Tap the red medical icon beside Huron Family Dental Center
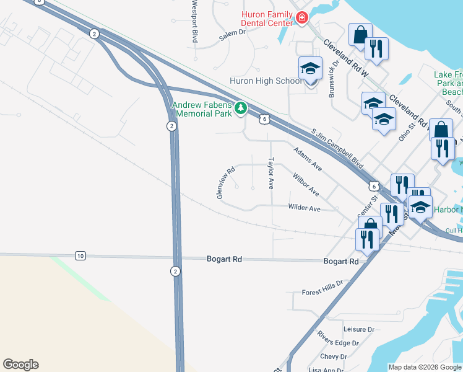pyautogui.click(x=301, y=19)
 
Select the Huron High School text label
pyautogui.click(x=266, y=81)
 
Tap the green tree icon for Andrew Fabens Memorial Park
pyautogui.click(x=241, y=109)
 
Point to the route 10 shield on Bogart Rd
pyautogui.click(x=80, y=255)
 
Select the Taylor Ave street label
pyautogui.click(x=270, y=172)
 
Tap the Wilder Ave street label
pyautogui.click(x=304, y=209)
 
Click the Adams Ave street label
pyautogui.click(x=308, y=159)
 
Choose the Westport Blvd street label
pyautogui.click(x=194, y=21)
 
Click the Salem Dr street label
pyautogui.click(x=232, y=37)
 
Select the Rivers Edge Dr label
pyautogui.click(x=337, y=343)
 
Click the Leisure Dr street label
pyautogui.click(x=358, y=330)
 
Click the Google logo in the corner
pyautogui.click(x=20, y=365)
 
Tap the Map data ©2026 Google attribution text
pyautogui.click(x=425, y=367)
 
